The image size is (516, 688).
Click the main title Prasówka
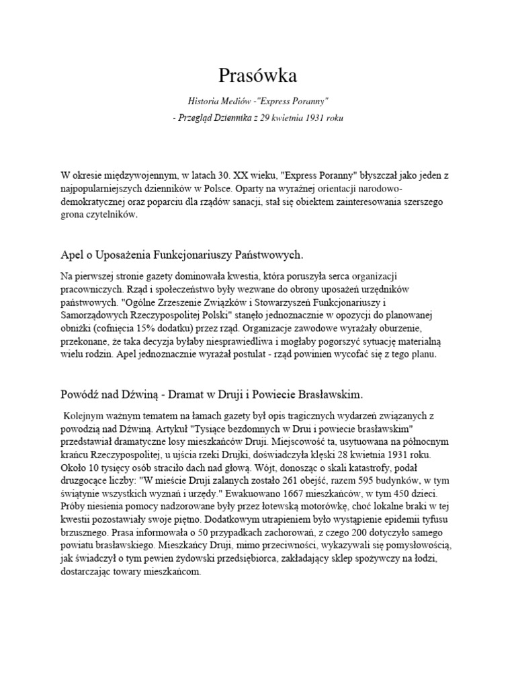258,75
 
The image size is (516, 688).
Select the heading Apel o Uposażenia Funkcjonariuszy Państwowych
182,255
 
